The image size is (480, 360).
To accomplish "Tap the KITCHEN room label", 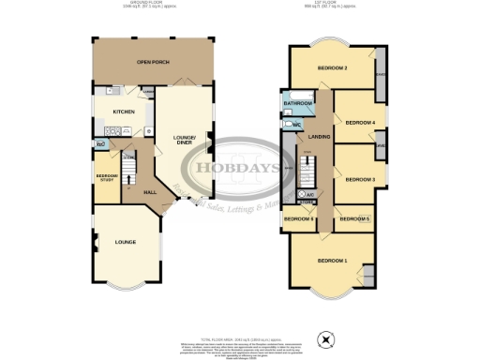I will tap(124, 112).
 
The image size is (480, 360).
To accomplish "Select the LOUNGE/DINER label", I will tap(183, 142).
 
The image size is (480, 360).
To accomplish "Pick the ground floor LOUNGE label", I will tap(125, 243).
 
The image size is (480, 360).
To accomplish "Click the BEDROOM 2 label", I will tap(333, 68).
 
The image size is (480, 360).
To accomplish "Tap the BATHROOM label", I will tap(297, 102).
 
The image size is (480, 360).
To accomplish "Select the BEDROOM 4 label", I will tap(360, 123).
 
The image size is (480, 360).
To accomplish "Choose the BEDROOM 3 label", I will tap(360, 179).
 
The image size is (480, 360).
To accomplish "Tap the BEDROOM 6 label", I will tap(298, 218).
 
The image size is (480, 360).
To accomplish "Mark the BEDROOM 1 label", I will tap(332, 260).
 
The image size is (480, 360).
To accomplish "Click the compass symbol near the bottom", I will tap(325, 338).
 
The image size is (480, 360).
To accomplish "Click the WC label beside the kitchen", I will tap(99, 143).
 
